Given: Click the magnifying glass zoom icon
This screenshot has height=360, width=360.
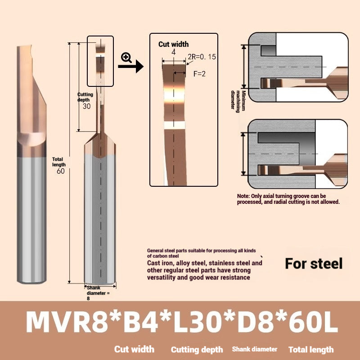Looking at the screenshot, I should pyautogui.click(x=126, y=57).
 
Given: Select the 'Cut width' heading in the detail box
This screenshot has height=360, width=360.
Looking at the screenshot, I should pyautogui.click(x=173, y=44).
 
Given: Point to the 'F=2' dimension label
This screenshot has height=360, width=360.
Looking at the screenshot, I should pyautogui.click(x=199, y=74).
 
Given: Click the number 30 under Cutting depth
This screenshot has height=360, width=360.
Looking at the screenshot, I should pyautogui.click(x=86, y=106).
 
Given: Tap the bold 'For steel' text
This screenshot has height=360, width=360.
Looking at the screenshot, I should pyautogui.click(x=314, y=263).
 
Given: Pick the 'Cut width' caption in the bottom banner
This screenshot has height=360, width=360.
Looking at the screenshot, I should pyautogui.click(x=134, y=349).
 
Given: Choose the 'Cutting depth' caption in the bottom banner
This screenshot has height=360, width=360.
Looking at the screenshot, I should pyautogui.click(x=197, y=350).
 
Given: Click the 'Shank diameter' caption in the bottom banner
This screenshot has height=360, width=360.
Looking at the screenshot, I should pyautogui.click(x=255, y=349).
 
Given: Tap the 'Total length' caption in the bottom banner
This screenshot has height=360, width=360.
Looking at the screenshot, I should pyautogui.click(x=311, y=350).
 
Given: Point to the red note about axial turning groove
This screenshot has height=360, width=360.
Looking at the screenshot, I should pyautogui.click(x=288, y=199).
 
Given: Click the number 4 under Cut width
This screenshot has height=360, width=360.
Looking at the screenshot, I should pyautogui.click(x=173, y=52).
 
